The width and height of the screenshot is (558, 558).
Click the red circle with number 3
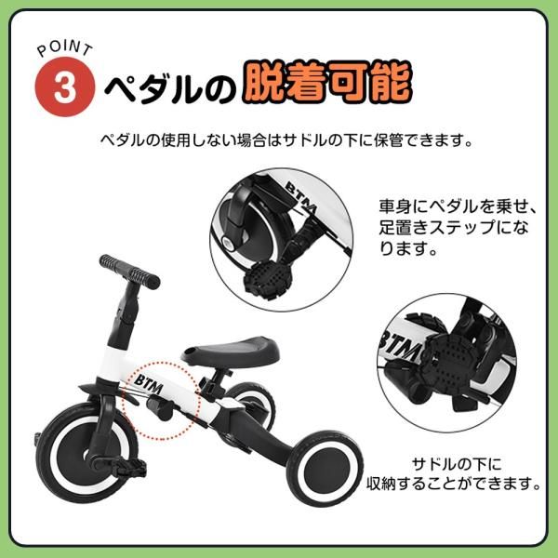(64, 88)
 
